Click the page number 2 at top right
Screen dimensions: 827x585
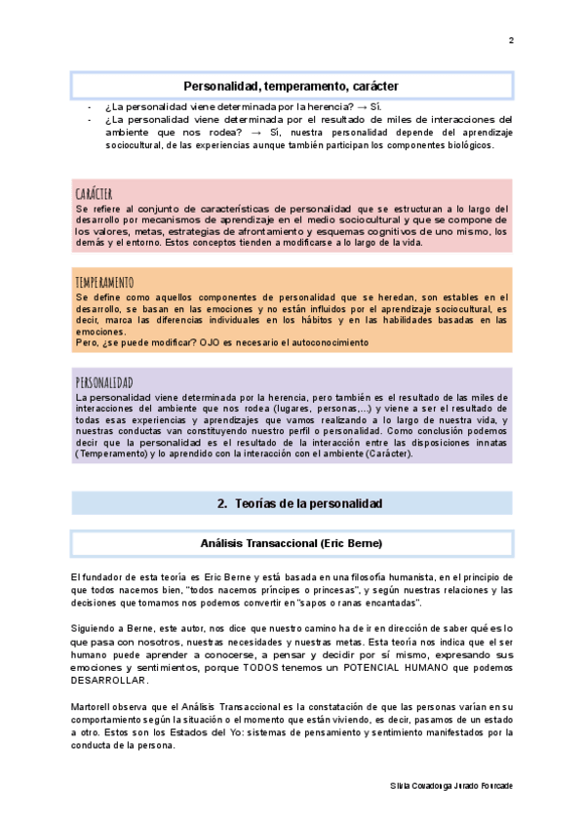coord(511,40)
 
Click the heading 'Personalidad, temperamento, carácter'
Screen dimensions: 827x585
coord(291,86)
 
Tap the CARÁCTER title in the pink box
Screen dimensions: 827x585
coord(94,193)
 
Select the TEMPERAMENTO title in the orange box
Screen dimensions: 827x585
coord(103,282)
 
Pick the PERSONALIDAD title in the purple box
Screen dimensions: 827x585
coord(103,382)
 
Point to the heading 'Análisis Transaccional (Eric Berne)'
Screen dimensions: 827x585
coord(291,541)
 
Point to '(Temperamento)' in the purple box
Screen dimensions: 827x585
coord(112,453)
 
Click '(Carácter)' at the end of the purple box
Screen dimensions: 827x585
coord(384,453)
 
